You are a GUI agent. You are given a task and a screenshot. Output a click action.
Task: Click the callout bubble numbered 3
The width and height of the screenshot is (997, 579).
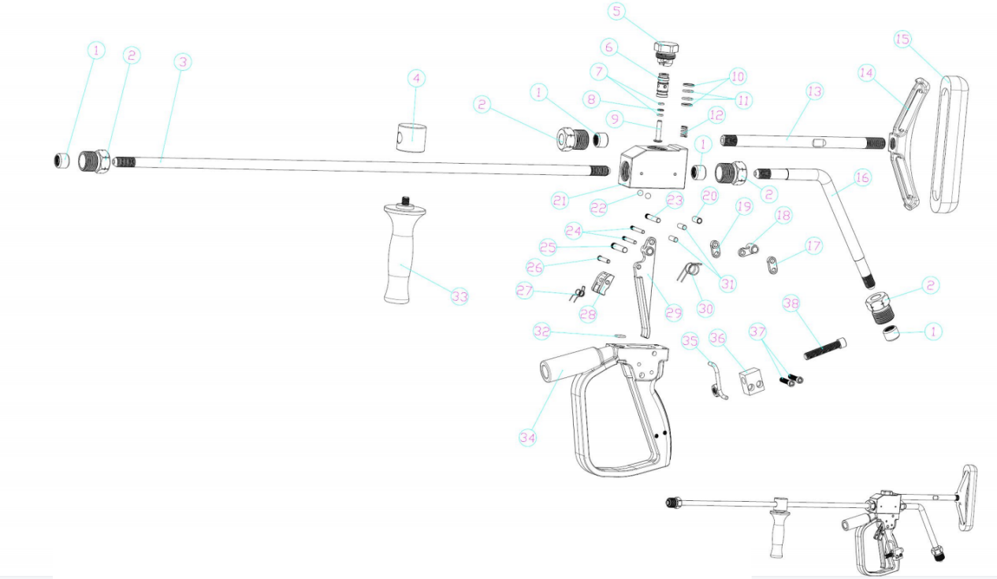182,62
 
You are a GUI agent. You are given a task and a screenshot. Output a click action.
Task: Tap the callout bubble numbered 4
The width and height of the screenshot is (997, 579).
416,79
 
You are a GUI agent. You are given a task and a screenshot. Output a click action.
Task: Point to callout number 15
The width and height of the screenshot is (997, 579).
903,39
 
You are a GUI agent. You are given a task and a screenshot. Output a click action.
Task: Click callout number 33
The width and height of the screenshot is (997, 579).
459,297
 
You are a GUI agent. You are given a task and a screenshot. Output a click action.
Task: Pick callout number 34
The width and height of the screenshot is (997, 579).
527,437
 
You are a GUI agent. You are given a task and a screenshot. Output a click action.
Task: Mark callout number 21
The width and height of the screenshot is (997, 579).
560,201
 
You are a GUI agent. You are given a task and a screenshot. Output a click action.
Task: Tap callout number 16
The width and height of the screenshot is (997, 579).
862,178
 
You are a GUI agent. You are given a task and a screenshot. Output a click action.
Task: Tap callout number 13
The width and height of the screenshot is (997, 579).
814,92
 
